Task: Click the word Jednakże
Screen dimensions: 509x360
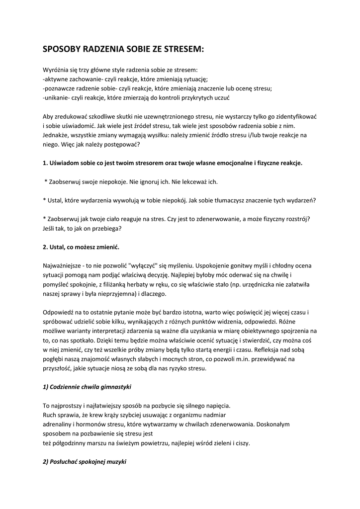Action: coord(57,135)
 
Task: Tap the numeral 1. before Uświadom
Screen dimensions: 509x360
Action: coord(45,163)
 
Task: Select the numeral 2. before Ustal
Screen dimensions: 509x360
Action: coord(45,247)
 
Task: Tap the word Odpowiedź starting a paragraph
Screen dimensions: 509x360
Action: coord(60,312)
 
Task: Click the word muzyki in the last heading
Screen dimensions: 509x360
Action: coord(115,462)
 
